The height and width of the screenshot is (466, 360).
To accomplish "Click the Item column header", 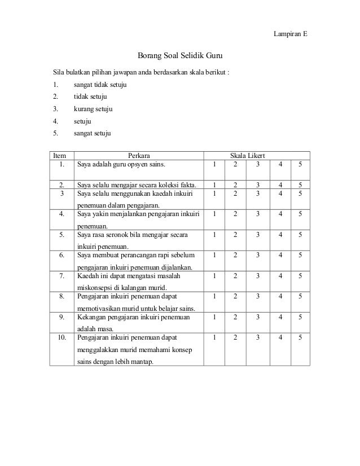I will [x=59, y=155].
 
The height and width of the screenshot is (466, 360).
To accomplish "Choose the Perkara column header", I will [x=139, y=155].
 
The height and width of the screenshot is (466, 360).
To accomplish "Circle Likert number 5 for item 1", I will [x=300, y=165].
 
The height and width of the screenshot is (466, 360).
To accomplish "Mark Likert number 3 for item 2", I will [x=258, y=184].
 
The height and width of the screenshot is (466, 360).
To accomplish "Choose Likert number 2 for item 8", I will [x=235, y=296].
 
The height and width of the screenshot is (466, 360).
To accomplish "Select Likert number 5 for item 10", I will [x=300, y=337].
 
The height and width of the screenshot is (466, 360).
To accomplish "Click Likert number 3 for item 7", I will [x=258, y=275].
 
